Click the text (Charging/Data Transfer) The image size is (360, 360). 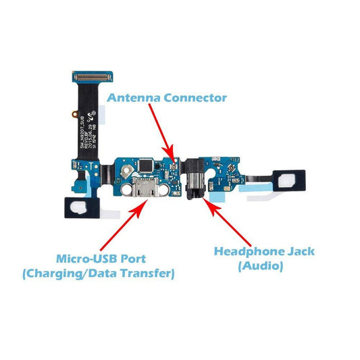coord(98,274)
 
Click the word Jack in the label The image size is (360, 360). coord(301,251)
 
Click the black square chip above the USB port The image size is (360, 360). coord(146,163)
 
